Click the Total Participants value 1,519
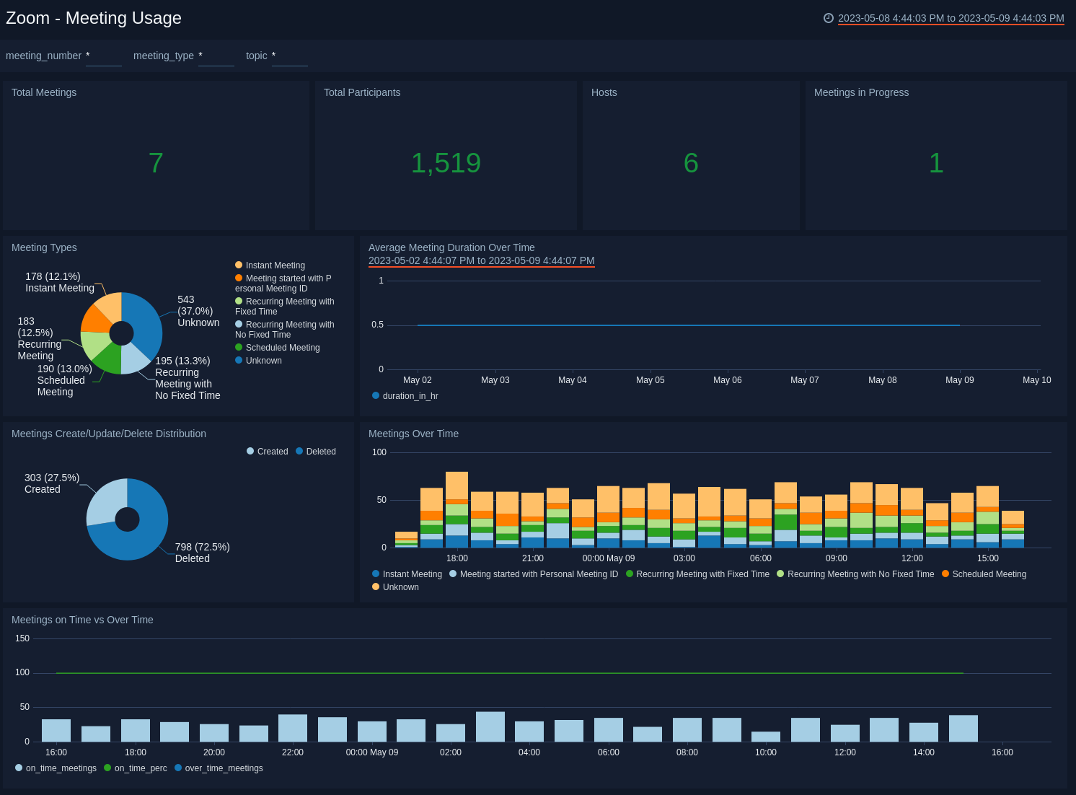coord(446,163)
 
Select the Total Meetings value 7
coord(156,163)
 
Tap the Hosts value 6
coord(691,163)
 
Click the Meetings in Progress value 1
coord(936,163)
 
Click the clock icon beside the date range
coord(829,18)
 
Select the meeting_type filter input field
coord(216,56)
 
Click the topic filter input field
coord(289,56)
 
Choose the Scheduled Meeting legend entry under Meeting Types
coord(282,348)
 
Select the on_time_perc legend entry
coord(140,768)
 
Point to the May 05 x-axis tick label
coord(650,380)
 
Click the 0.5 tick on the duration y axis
coord(377,325)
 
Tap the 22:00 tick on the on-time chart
coord(293,752)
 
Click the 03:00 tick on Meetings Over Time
coord(684,558)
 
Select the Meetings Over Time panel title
coord(413,434)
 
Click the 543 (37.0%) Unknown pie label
coord(198,311)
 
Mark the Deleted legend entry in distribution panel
coord(320,452)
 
